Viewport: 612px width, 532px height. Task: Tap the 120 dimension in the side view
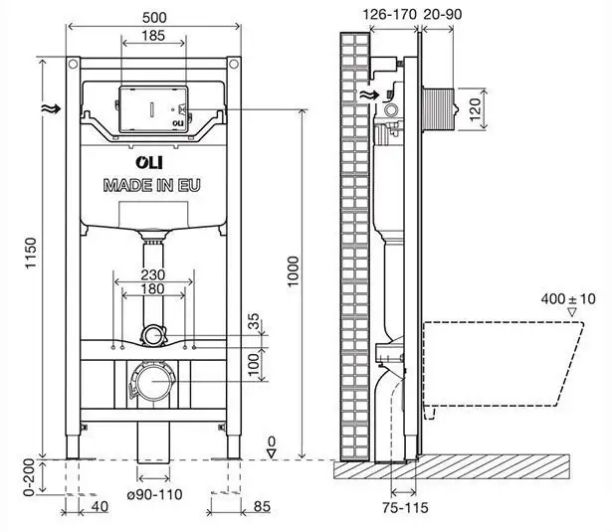coord(474,105)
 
